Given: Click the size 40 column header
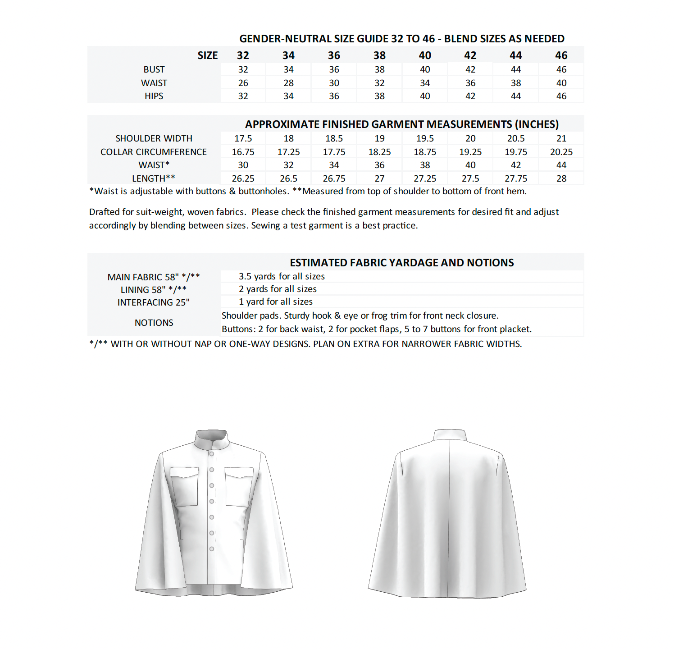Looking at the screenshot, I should (424, 55).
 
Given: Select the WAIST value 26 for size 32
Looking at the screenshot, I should (243, 83).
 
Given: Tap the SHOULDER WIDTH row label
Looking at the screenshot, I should (154, 138).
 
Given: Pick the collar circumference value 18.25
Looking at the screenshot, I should (379, 152).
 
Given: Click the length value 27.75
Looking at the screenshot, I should (515, 178).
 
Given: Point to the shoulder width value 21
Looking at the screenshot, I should (561, 138).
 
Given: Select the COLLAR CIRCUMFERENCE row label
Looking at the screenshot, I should (154, 152).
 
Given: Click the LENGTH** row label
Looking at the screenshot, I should (154, 178).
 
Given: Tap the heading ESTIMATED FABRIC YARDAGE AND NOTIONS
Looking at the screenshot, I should (401, 263).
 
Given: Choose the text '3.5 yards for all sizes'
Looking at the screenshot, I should (282, 276).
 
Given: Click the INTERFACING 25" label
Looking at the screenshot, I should (154, 302).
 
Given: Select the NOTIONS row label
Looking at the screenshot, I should (154, 323).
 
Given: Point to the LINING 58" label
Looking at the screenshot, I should (154, 290).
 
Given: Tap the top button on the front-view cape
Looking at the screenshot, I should (211, 454).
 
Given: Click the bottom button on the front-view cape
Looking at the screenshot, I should (211, 548).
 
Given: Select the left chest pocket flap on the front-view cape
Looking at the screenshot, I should (184, 472).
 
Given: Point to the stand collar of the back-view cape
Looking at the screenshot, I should (449, 435).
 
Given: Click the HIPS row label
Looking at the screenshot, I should (154, 96).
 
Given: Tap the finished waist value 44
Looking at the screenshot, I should (561, 165).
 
